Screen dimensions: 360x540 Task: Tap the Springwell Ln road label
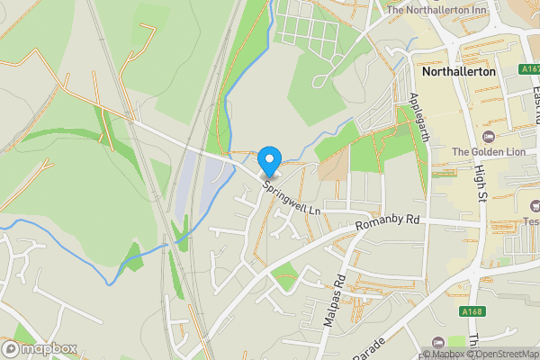pos(292,197)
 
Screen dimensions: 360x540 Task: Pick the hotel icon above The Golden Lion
pos(489,137)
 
